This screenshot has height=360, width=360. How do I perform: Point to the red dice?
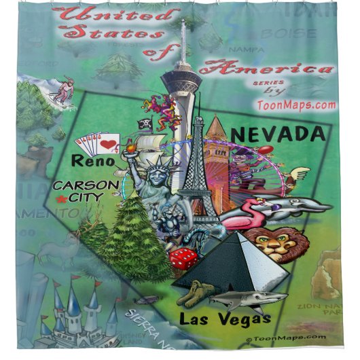[x=183, y=259]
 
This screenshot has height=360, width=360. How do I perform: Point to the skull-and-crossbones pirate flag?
[x=144, y=124]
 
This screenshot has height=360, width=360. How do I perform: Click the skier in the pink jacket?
[x=63, y=92]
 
